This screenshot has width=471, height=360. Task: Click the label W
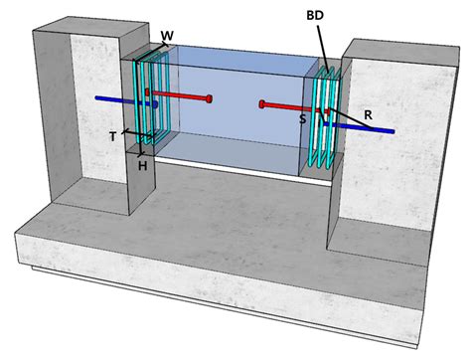[x=166, y=37]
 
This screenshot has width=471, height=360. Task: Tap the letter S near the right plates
[x=302, y=118]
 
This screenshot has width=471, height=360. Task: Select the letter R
[x=368, y=115]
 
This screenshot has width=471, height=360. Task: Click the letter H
[x=142, y=165]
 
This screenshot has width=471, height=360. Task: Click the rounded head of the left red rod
[x=211, y=97]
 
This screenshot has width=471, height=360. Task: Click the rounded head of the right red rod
[x=262, y=103]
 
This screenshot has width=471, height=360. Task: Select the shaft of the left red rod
[x=179, y=95]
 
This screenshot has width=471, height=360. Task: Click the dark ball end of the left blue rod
[x=153, y=104]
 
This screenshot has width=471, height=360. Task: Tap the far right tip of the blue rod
[x=393, y=131]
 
